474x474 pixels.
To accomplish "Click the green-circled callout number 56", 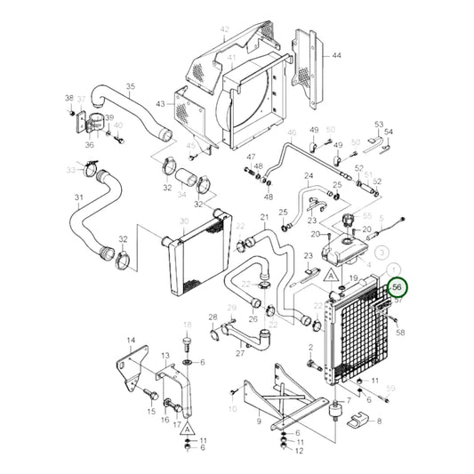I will coord(398,287).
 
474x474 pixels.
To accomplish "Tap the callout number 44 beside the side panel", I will coord(336,55).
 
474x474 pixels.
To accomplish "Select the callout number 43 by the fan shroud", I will coord(160,104).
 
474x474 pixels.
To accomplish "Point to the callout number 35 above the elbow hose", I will coord(130,86).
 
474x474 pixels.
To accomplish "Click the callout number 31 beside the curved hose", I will coord(78,197).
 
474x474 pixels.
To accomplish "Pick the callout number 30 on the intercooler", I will coord(183,221).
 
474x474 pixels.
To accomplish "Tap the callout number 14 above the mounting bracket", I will coord(131,341).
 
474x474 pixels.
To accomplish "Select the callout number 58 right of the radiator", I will coord(400,332).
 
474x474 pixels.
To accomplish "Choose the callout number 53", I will coord(378,125).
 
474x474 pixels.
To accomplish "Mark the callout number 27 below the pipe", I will coord(239,352).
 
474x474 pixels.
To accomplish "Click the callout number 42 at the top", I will coord(224,29).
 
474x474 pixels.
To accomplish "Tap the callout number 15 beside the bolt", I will coord(151,412).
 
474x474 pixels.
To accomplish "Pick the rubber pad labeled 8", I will coord(358,419).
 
